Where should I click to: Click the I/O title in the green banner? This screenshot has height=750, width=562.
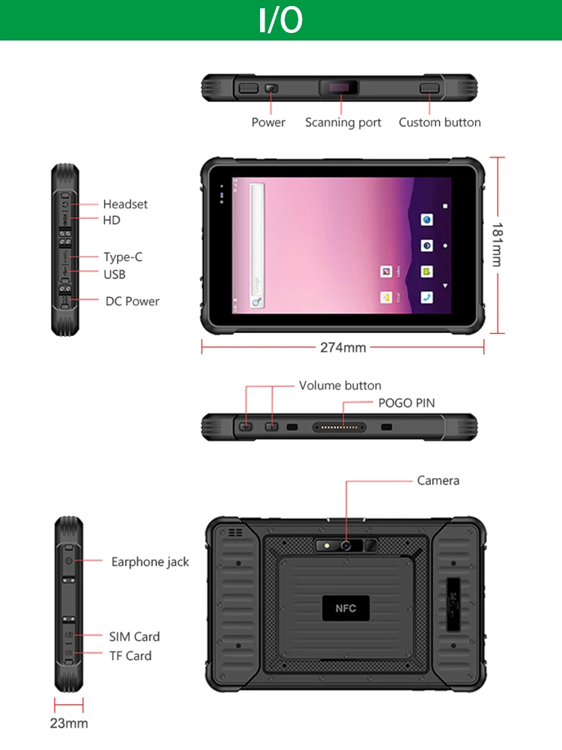pos(281,20)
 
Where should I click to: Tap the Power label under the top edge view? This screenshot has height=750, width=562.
pos(268,122)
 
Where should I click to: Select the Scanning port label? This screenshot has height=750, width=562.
pos(343,122)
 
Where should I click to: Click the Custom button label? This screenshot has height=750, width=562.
pos(440,122)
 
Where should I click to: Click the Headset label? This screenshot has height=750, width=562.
pos(125,204)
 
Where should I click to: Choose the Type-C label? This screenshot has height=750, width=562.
pos(123,256)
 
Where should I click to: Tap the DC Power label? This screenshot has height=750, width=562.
pos(132,301)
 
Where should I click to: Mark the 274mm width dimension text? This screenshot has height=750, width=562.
pos(343,347)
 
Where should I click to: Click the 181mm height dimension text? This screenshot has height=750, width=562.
pos(497,244)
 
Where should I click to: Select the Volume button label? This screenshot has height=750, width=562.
pos(340,385)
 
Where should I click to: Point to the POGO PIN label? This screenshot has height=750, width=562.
pos(406,403)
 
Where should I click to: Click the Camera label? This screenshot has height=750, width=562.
pos(438,480)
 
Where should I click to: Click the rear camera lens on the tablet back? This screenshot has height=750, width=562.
pos(346,545)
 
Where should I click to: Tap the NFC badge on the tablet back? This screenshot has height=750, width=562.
pos(345,608)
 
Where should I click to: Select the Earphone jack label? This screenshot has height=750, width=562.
pos(150,562)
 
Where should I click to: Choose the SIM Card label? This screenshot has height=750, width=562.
pos(134,637)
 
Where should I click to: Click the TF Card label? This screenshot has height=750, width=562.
pos(130,655)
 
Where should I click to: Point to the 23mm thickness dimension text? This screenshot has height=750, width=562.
pos(69,724)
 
